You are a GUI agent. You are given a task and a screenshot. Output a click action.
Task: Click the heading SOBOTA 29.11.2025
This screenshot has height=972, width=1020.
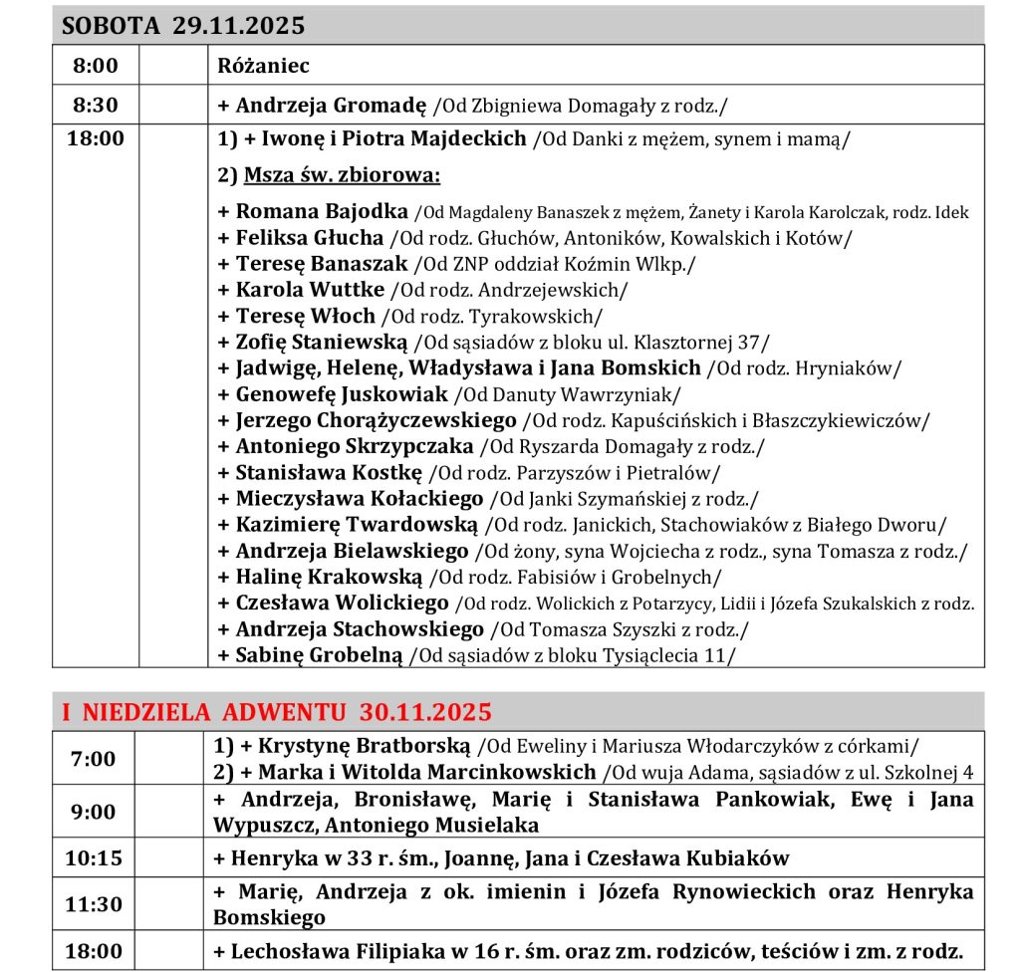coord(183,26)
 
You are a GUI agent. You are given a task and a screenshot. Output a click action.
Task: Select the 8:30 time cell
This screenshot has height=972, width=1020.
coord(95,104)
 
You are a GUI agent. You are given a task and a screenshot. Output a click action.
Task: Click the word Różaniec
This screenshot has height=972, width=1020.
coord(264,67)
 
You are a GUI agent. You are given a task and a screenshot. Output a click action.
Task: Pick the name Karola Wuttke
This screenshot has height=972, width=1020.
coord(310,290)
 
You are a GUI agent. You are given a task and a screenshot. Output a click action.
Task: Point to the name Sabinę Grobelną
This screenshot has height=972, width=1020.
coord(319,654)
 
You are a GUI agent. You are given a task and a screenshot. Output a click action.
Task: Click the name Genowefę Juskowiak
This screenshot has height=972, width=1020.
coord(342,394)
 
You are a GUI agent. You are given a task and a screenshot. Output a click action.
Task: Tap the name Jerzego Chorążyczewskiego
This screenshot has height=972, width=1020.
coord(376,420)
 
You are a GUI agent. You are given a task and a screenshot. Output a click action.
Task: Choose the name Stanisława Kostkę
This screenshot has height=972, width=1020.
coord(329,472)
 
